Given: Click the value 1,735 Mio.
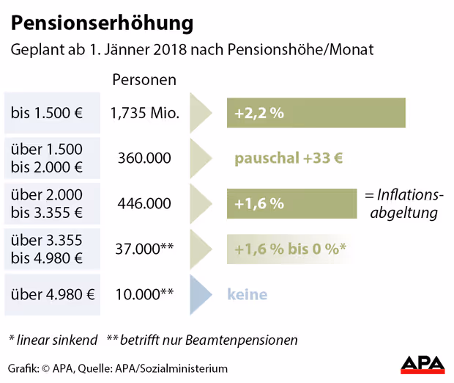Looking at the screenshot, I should [144, 114].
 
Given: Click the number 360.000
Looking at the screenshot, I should [144, 158].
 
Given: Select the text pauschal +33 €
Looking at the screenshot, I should [289, 158].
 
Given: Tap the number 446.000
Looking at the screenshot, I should [144, 204].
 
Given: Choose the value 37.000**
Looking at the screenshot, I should [144, 249].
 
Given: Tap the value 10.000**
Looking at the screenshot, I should [144, 295].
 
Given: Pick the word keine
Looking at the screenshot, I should [247, 295].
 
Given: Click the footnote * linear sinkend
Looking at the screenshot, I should [52, 340].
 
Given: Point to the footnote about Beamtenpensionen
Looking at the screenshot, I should [202, 340].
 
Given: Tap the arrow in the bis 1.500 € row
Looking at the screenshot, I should [200, 114].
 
